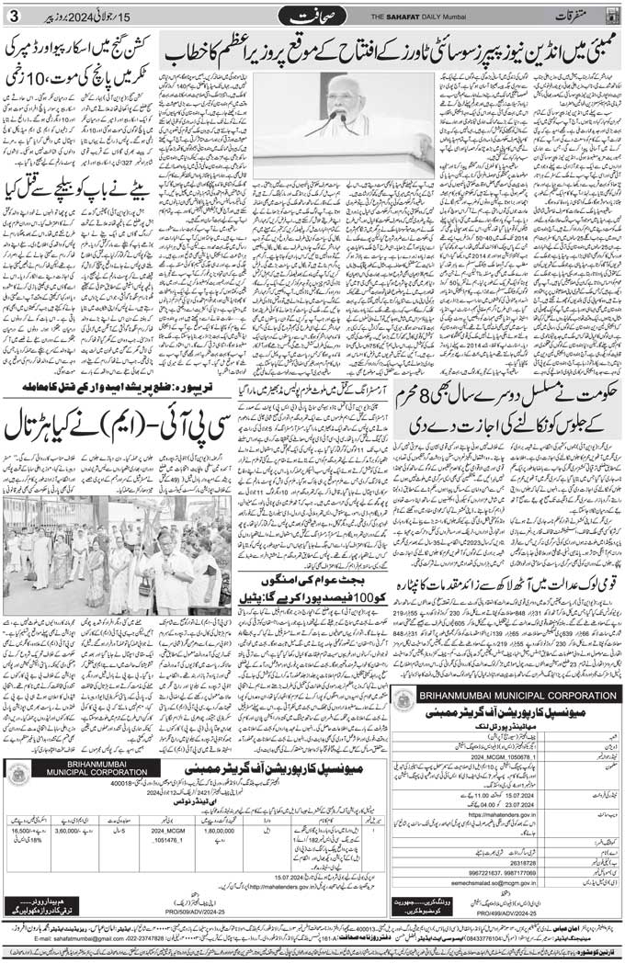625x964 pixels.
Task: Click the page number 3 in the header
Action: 12,14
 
